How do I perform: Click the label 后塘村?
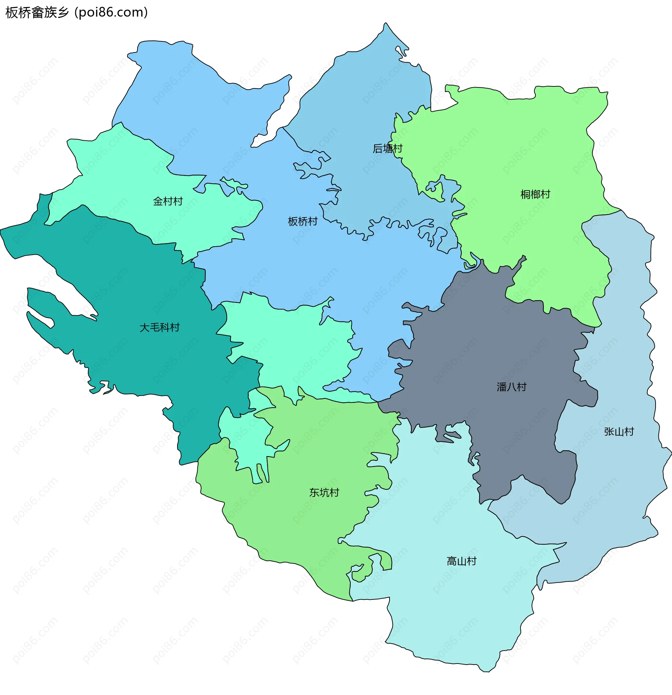[x=387, y=148]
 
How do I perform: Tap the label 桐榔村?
[x=535, y=194]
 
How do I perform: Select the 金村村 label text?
[x=167, y=201]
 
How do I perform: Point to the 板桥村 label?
[x=302, y=221]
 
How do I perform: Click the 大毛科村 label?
[x=159, y=327]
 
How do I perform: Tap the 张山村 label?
[x=619, y=431]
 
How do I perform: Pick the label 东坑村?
[x=324, y=492]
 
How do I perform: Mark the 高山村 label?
[x=461, y=561]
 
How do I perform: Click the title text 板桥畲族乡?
[x=37, y=12]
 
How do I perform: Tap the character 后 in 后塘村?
[x=378, y=148]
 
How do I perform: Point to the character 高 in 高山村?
[x=451, y=561]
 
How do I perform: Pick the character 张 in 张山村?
[x=609, y=431]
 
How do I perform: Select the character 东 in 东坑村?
[x=314, y=492]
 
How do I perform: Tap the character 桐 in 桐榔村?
[x=525, y=194]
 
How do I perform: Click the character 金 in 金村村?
[x=157, y=201]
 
